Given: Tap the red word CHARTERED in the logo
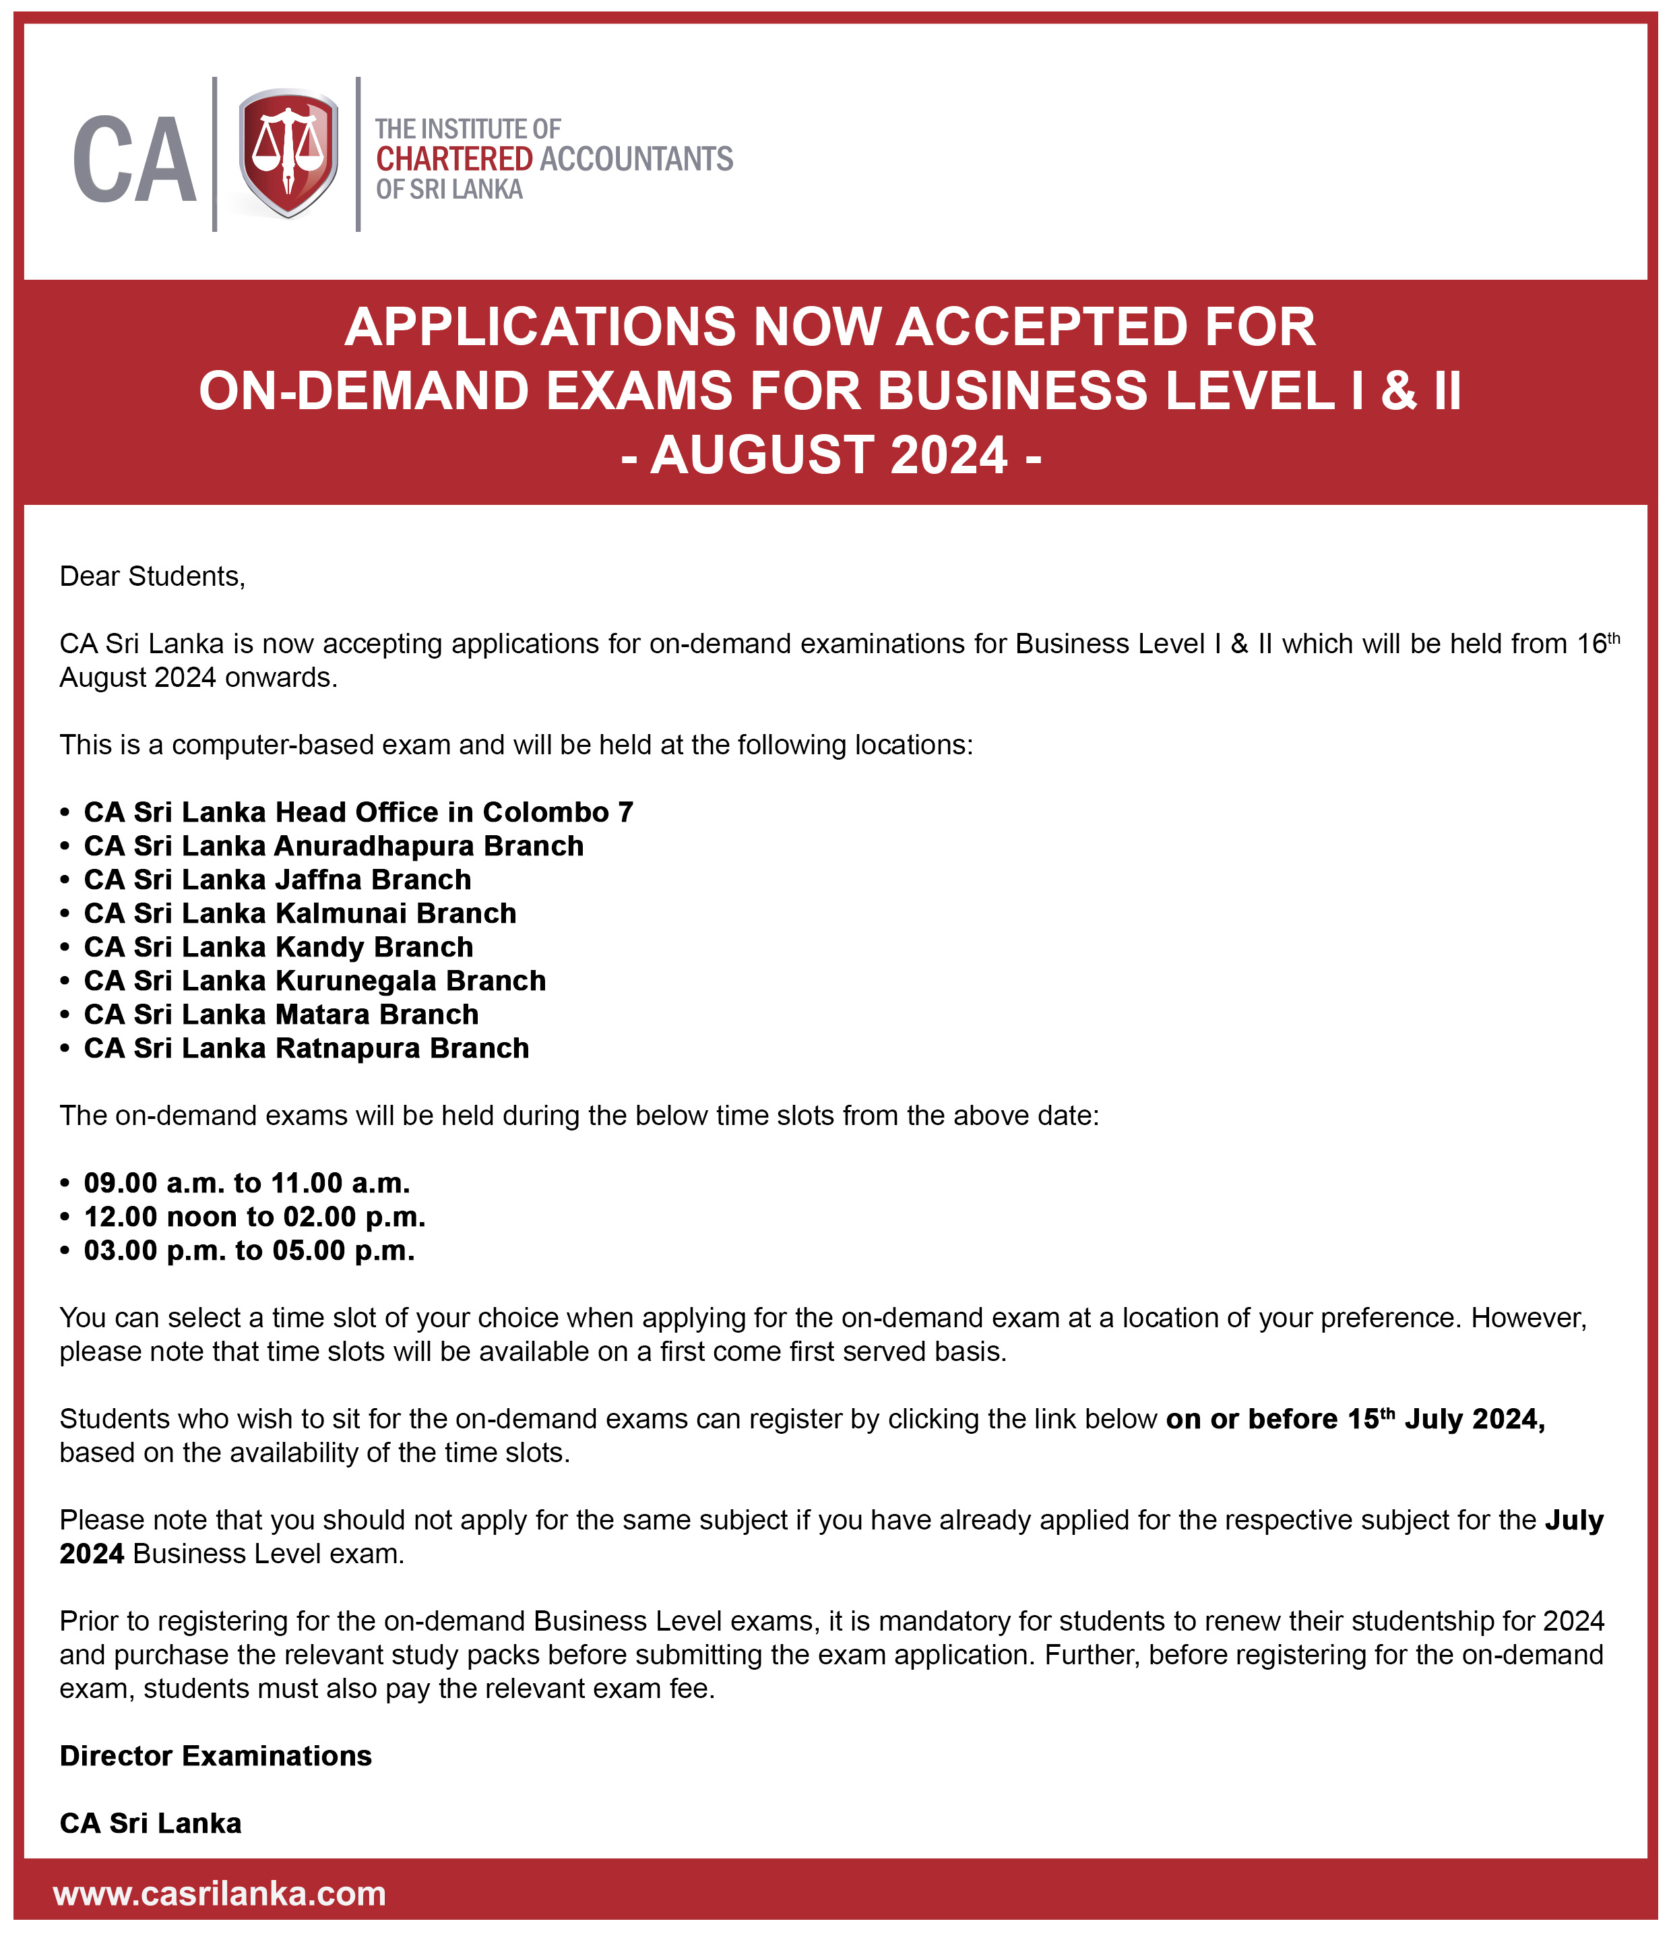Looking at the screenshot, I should (x=454, y=159).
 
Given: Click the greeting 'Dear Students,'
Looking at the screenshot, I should (x=152, y=576).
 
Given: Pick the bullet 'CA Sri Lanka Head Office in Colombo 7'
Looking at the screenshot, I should (x=358, y=812).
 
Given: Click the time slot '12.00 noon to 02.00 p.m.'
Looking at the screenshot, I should (x=255, y=1216).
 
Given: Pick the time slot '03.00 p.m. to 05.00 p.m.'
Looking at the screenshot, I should (x=249, y=1250).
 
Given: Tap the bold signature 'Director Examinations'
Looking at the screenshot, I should (x=216, y=1755).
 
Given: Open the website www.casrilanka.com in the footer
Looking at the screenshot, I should (x=220, y=1893).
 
